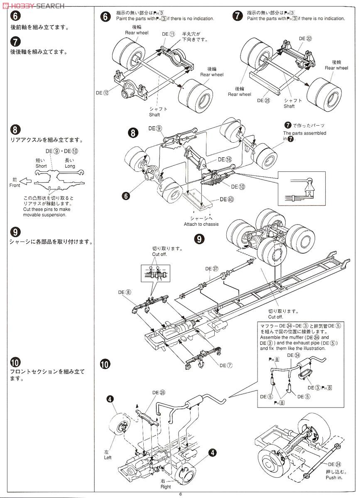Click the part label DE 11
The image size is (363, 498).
tap(168, 34)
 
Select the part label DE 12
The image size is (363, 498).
tap(102, 93)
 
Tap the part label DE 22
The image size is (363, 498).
tap(305, 39)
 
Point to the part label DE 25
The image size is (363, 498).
tap(263, 100)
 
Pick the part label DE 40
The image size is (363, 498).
tap(227, 199)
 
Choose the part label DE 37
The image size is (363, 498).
tap(211, 269)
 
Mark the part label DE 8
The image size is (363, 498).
tap(124, 292)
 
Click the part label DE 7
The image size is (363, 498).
tap(226, 365)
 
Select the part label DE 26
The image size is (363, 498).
tap(159, 392)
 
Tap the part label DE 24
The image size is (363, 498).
tap(334, 464)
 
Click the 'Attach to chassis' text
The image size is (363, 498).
tap(201, 224)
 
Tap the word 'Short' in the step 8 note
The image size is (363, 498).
tap(41, 166)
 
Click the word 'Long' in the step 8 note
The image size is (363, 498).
tap(70, 166)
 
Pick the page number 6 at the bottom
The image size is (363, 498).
tap(181, 494)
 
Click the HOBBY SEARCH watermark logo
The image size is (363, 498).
tap(33, 5)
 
